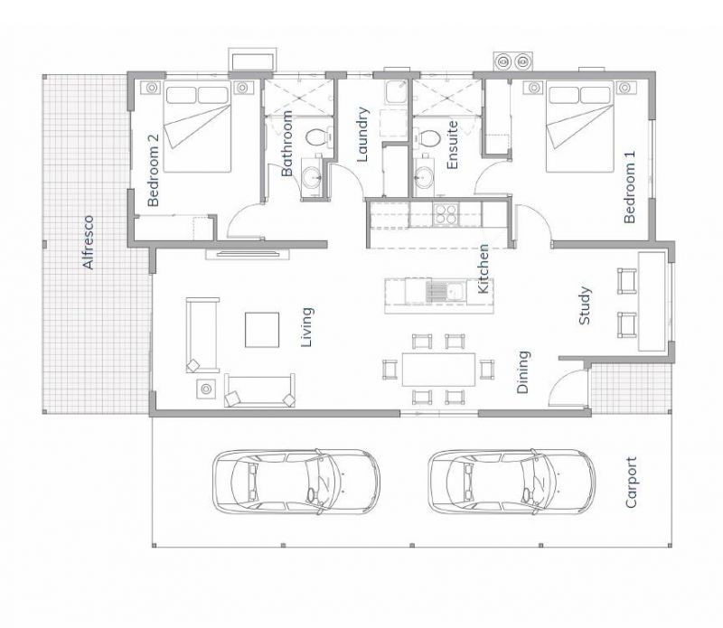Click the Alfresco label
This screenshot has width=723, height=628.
88,242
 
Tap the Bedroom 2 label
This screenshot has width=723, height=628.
153,171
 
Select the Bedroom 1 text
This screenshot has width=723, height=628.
630,187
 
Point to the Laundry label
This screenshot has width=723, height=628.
363,135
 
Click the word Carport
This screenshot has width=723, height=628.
631,482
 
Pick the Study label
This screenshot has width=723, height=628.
585,305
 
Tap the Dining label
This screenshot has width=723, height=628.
523,372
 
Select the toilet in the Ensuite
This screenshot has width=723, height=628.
428,138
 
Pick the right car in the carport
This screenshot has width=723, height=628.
511,482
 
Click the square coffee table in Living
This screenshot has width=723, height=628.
263,329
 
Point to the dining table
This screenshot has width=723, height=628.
437,369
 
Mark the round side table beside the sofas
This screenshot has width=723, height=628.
206,389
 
